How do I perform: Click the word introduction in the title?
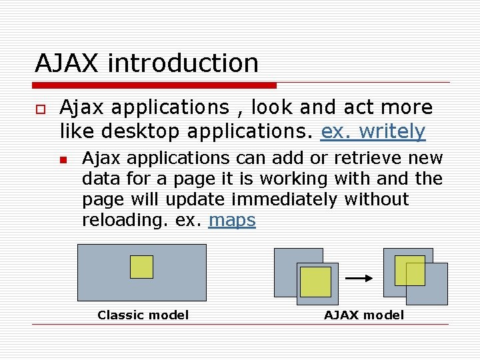point(183,63)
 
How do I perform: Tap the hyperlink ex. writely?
point(373,132)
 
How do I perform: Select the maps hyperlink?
point(232,220)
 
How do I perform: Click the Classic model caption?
point(143,315)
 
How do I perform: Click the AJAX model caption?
point(364,315)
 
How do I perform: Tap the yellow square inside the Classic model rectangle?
point(141,267)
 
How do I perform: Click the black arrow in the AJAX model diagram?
point(360,279)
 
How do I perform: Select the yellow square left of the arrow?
point(315,282)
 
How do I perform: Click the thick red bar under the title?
point(155,85)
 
